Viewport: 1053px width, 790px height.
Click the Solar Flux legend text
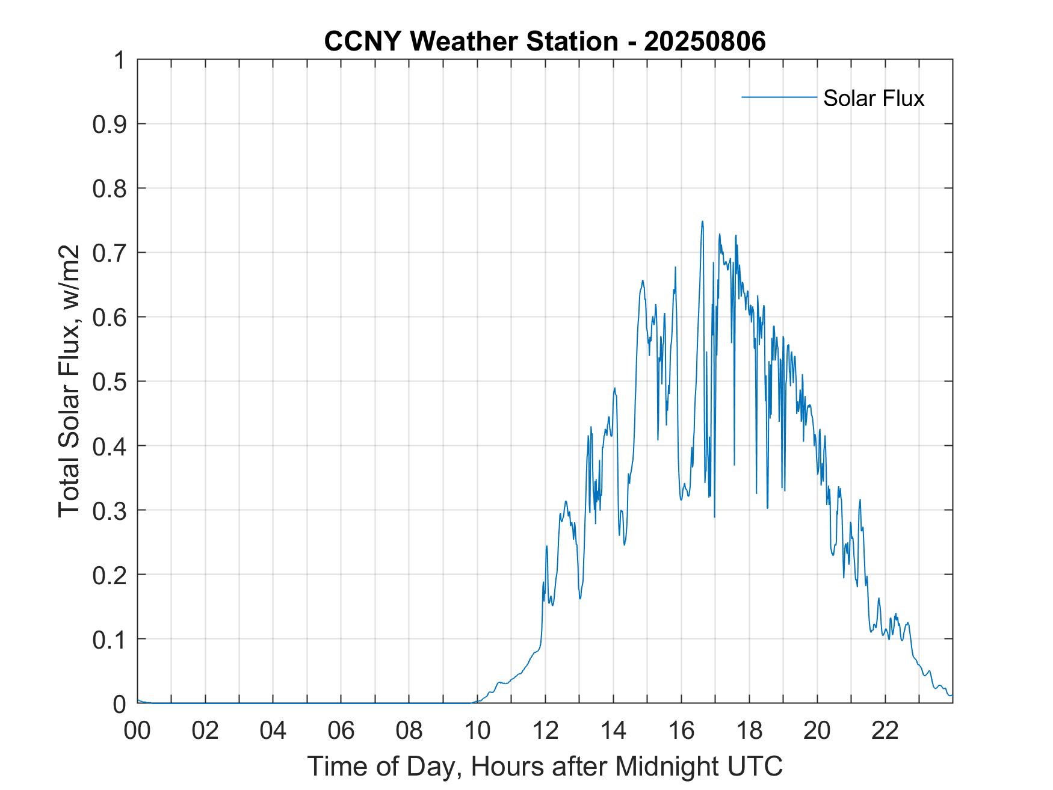[x=873, y=98]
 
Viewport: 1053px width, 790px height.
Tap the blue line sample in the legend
[x=779, y=97]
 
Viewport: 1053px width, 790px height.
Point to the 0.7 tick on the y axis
[x=110, y=253]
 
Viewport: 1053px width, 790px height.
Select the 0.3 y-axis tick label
[x=110, y=510]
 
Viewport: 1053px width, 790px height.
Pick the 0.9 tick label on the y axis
[x=110, y=125]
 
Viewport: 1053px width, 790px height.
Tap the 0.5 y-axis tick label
[x=110, y=381]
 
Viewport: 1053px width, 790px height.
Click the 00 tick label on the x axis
[x=137, y=730]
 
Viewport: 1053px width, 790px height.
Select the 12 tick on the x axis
[x=545, y=730]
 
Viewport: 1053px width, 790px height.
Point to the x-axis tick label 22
[x=885, y=730]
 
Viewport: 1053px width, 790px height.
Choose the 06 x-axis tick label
[x=341, y=730]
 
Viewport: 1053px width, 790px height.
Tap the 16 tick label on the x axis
[x=681, y=730]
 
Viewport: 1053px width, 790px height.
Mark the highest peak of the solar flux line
[x=702, y=221]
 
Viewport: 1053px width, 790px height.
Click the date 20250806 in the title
[x=705, y=42]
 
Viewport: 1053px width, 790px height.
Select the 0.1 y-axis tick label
[x=110, y=639]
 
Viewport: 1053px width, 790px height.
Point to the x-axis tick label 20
[x=817, y=730]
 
